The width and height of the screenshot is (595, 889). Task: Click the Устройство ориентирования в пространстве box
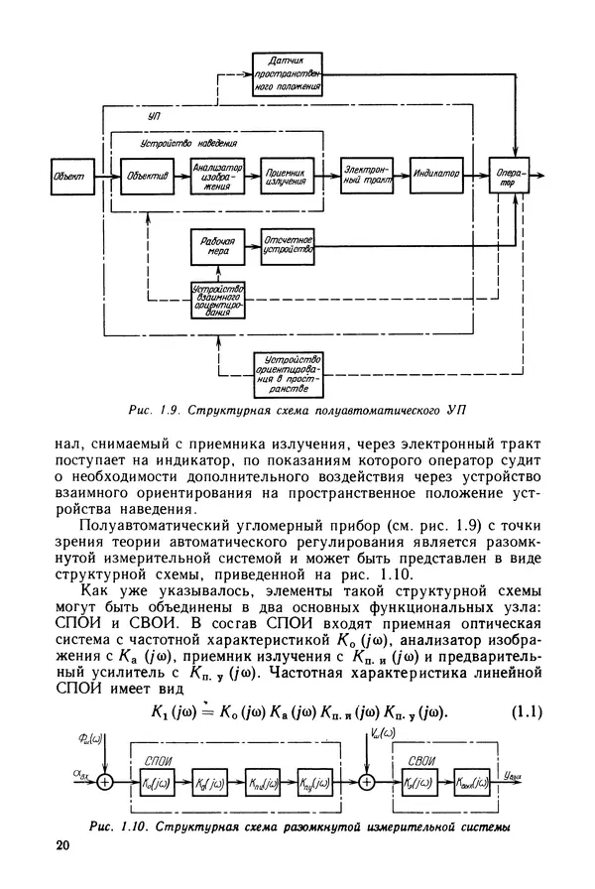[x=289, y=370]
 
